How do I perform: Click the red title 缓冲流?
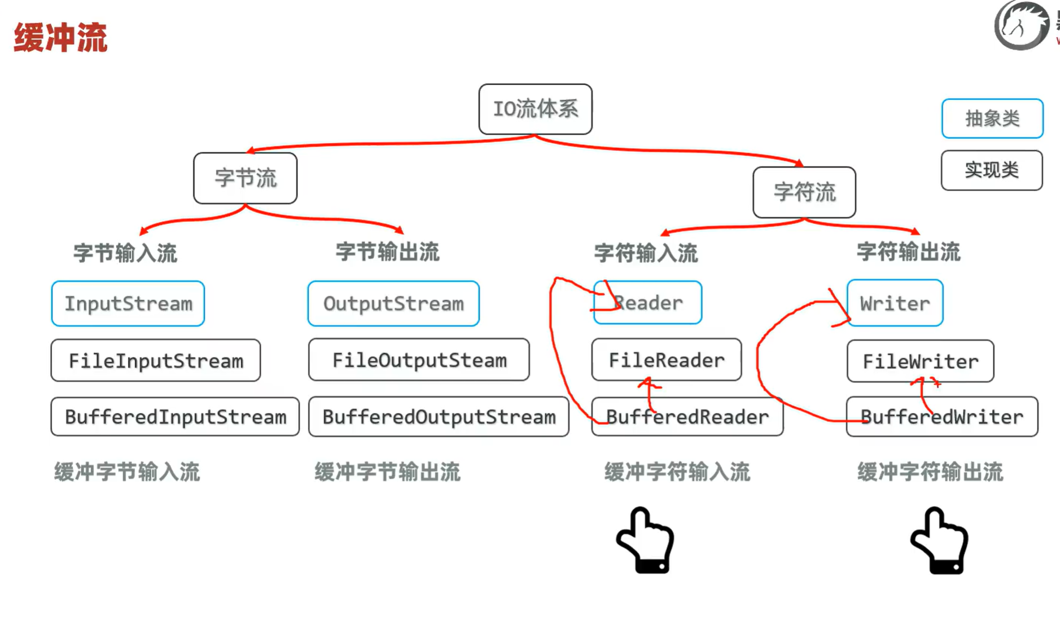pyautogui.click(x=60, y=38)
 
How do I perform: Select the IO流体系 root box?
pyautogui.click(x=535, y=109)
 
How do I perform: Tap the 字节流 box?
pyautogui.click(x=245, y=178)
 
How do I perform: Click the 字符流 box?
pyautogui.click(x=804, y=192)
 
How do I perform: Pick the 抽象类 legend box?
pyautogui.click(x=992, y=118)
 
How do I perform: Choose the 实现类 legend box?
pyautogui.click(x=991, y=170)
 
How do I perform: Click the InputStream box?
pyautogui.click(x=128, y=303)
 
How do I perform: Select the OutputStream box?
pyautogui.click(x=393, y=303)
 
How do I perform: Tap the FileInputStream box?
pyautogui.click(x=155, y=360)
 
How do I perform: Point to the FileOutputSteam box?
pyautogui.click(x=419, y=360)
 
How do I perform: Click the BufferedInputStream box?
pyautogui.click(x=175, y=417)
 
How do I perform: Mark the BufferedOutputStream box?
pyautogui.click(x=439, y=417)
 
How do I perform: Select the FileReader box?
pyautogui.click(x=666, y=360)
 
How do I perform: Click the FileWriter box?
pyautogui.click(x=920, y=361)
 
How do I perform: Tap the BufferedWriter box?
pyautogui.click(x=941, y=417)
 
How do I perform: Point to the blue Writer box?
pyautogui.click(x=895, y=303)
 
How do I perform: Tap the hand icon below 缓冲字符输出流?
pyautogui.click(x=940, y=540)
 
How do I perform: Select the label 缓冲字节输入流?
pyautogui.click(x=127, y=472)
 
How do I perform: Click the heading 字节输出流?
pyautogui.click(x=387, y=252)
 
